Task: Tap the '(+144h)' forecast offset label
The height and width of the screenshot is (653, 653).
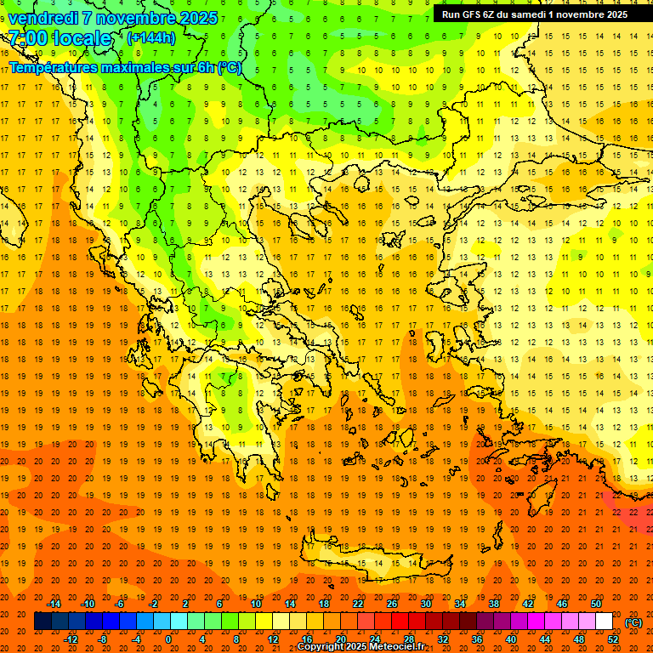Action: click(x=150, y=37)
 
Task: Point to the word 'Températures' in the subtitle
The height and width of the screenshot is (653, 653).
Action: click(x=51, y=67)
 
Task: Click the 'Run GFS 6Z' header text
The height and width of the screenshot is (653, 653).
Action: click(x=470, y=14)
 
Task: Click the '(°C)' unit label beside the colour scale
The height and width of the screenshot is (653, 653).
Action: click(x=633, y=622)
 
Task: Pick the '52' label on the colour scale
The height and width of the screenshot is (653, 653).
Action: click(x=613, y=639)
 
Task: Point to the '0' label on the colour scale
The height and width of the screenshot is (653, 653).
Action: click(x=168, y=639)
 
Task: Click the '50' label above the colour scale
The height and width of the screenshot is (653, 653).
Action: click(x=595, y=604)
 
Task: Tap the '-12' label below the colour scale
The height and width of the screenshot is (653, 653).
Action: click(x=71, y=639)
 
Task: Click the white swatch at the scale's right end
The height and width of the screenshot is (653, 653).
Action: click(x=604, y=622)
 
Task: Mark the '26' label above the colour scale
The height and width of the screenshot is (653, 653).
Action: click(x=392, y=604)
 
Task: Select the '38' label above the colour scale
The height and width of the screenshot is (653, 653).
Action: click(x=494, y=604)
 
